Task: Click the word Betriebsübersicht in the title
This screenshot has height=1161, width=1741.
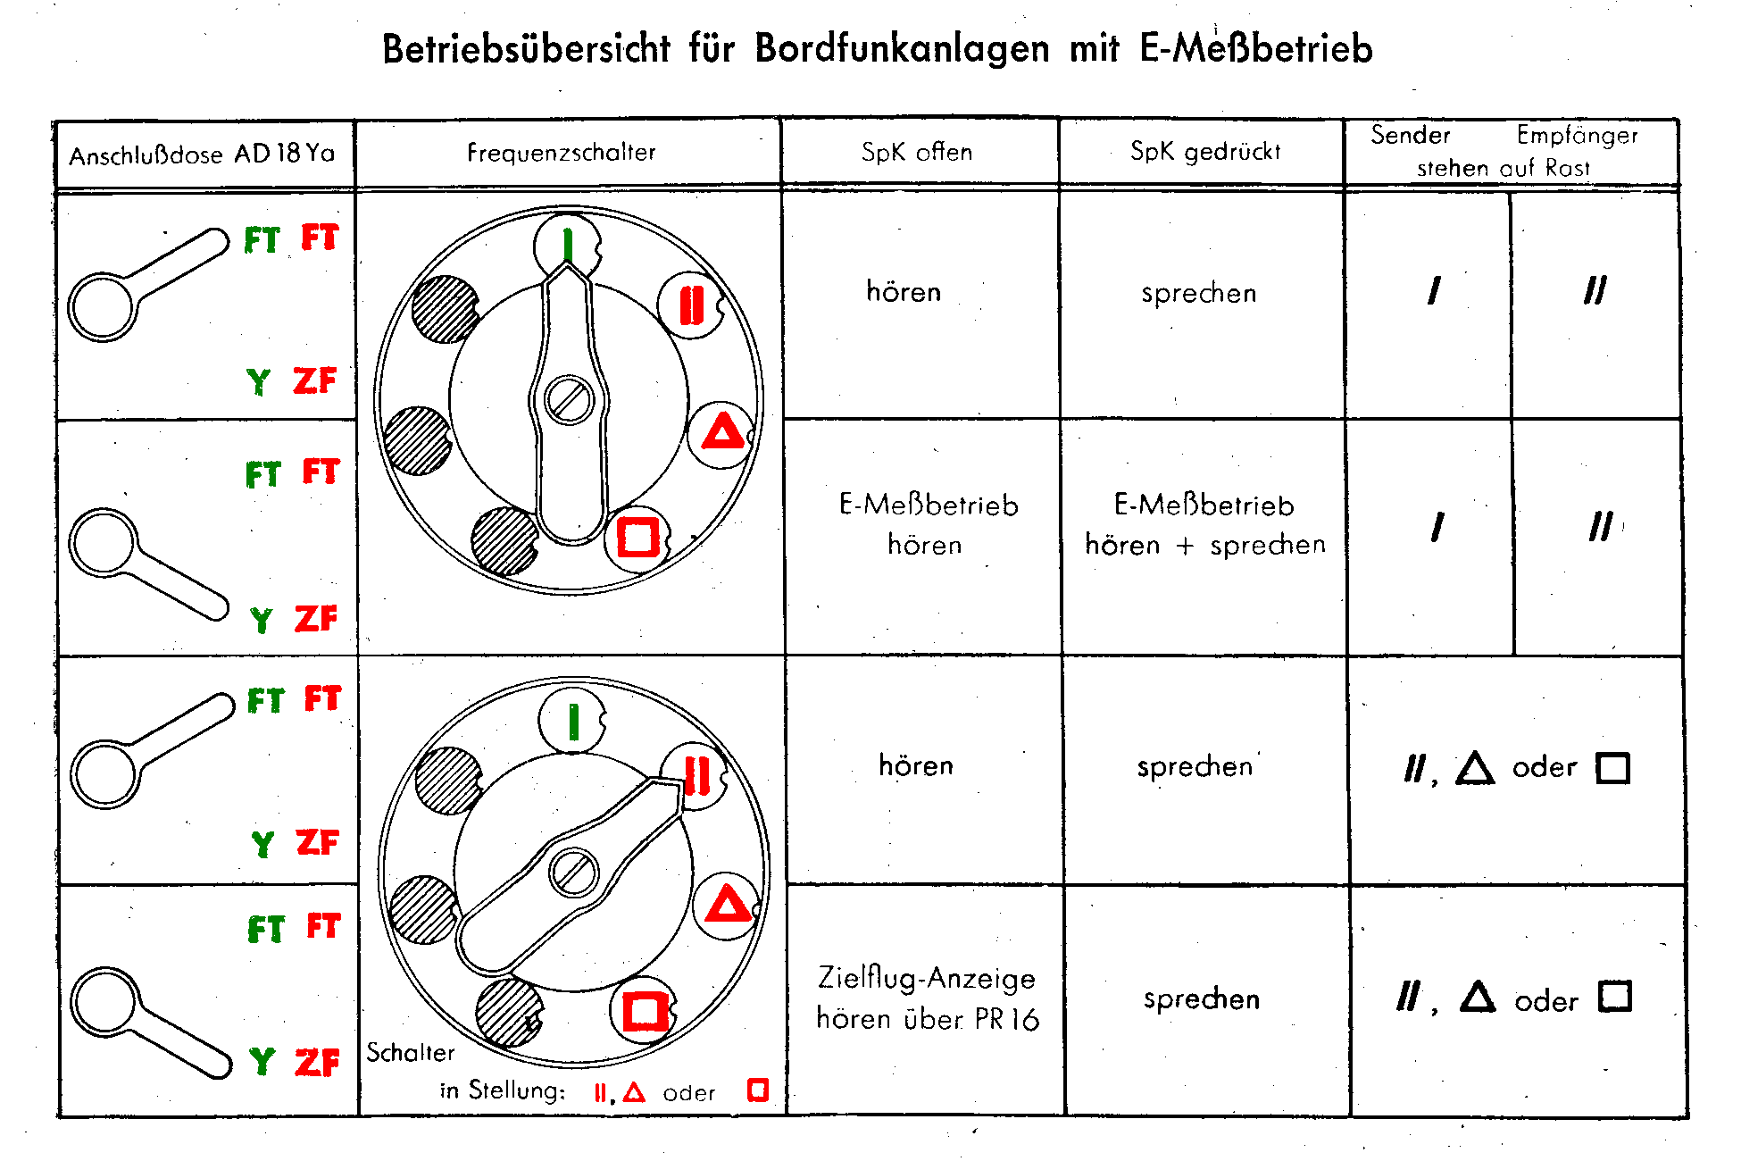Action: click(526, 48)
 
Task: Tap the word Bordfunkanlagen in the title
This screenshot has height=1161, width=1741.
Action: click(902, 48)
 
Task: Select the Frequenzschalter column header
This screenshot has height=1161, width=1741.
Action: click(562, 153)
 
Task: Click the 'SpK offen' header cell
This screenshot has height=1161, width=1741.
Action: click(917, 152)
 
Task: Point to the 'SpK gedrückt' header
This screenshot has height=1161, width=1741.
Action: click(1205, 152)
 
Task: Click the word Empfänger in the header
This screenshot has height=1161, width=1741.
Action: click(1578, 135)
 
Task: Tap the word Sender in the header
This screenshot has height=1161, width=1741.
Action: click(1411, 135)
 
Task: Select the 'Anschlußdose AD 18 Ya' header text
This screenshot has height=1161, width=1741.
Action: click(202, 155)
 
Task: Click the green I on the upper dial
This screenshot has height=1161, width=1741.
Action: click(567, 244)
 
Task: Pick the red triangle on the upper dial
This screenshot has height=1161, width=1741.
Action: click(723, 431)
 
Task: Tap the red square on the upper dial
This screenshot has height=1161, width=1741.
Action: click(637, 537)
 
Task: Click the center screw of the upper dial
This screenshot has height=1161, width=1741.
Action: click(569, 399)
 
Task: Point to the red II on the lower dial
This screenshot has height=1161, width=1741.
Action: click(697, 775)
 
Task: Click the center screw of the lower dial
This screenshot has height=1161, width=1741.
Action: click(573, 872)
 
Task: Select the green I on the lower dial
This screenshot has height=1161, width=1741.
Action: click(573, 722)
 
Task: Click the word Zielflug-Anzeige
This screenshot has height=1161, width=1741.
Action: click(927, 978)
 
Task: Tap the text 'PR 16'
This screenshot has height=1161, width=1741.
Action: click(1007, 1019)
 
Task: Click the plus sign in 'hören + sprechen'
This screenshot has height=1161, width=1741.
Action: click(1185, 546)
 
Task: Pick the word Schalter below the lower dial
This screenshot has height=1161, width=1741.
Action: click(411, 1052)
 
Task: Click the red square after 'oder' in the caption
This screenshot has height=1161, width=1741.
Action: click(758, 1090)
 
